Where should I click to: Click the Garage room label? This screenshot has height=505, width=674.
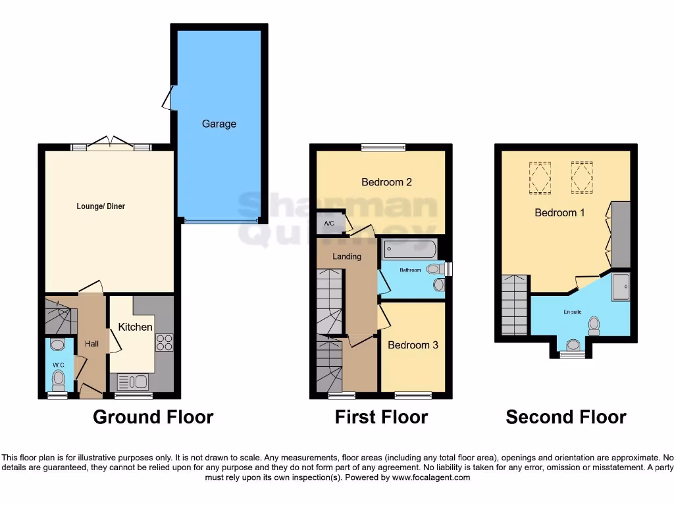click(219, 124)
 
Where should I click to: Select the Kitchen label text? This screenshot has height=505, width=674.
click(135, 327)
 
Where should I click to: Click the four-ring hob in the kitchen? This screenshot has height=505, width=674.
click(163, 343)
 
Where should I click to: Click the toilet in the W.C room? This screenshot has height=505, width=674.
click(59, 378)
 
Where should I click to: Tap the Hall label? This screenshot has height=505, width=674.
click(91, 343)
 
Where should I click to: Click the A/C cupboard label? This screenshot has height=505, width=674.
click(329, 224)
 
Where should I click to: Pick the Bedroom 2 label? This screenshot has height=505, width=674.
click(386, 182)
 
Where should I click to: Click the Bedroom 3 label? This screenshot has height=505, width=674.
click(413, 345)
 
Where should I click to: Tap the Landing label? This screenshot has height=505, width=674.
click(346, 256)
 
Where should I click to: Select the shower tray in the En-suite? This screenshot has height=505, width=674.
click(620, 287)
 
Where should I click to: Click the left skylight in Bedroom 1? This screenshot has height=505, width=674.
click(540, 178)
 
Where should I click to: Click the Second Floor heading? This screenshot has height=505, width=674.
click(565, 417)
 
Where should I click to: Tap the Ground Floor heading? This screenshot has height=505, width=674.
click(153, 417)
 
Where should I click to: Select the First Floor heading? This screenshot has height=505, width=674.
click(381, 417)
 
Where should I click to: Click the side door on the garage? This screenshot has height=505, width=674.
click(168, 99)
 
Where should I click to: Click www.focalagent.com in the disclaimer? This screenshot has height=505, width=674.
click(431, 477)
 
